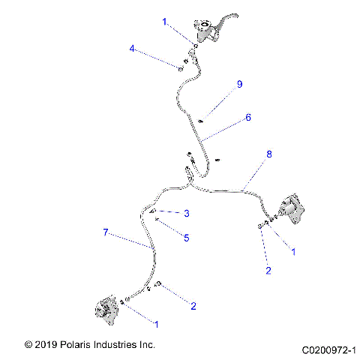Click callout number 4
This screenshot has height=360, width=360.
[x=132, y=49]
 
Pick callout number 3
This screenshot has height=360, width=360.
[x=186, y=214]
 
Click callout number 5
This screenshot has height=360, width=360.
[x=186, y=237]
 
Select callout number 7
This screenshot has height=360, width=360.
[x=106, y=233]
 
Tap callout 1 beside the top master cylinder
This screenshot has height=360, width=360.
[x=164, y=22]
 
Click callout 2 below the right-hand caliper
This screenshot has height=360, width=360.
[x=268, y=271]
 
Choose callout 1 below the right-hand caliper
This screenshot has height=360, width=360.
[x=293, y=252]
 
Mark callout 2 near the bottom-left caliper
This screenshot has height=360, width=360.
[x=193, y=305]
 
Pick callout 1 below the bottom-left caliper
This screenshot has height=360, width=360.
[x=156, y=324]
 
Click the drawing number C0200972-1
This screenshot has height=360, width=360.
[x=328, y=349]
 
